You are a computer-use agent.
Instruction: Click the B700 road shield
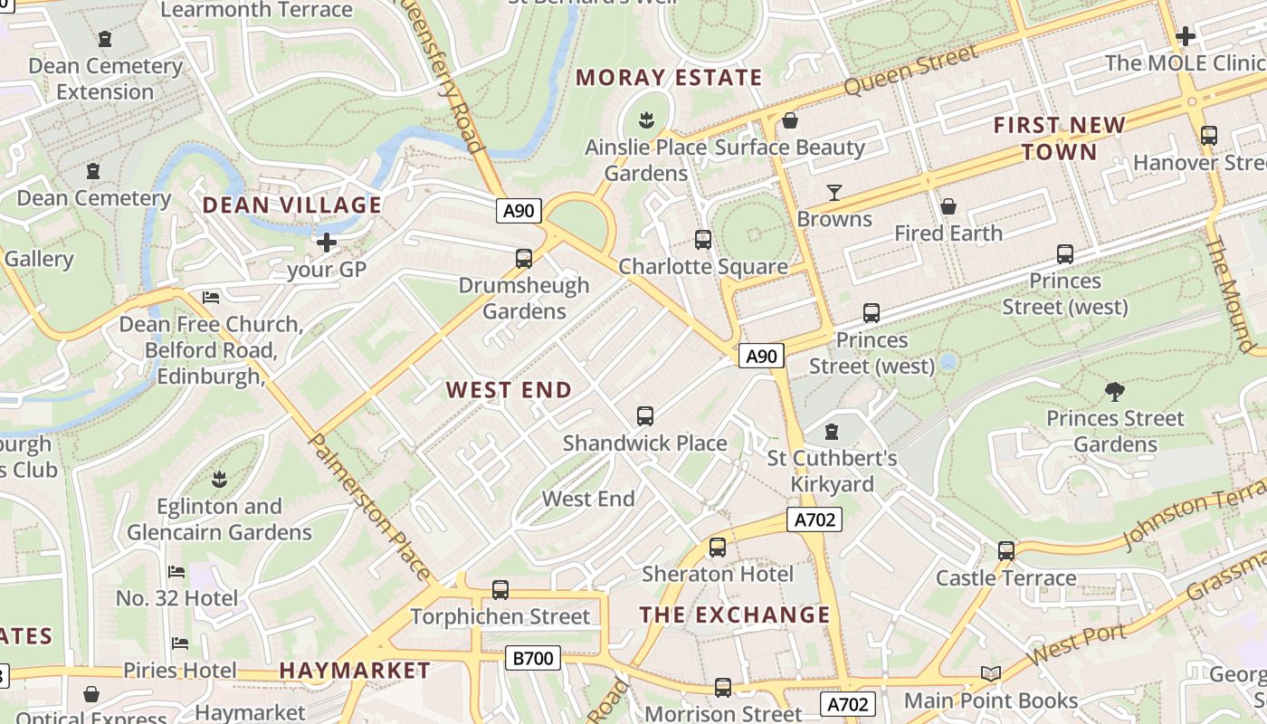[533, 658]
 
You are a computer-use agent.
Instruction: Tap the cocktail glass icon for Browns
[834, 192]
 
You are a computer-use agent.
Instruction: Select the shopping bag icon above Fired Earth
[948, 207]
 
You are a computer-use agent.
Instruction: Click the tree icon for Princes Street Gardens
[1115, 392]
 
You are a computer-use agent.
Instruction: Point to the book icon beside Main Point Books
[991, 674]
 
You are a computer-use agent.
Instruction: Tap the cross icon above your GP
[326, 243]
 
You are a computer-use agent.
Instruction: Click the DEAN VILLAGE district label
[291, 205]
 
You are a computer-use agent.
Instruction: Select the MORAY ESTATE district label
[669, 78]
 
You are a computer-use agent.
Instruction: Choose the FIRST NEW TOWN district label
[1060, 138]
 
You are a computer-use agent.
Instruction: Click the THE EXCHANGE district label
[734, 615]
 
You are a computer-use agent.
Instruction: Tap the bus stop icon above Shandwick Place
[645, 416]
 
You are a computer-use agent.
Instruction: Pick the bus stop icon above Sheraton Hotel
[718, 548]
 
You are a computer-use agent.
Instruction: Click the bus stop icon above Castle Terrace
[1006, 551]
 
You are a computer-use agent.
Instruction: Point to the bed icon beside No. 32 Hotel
[176, 572]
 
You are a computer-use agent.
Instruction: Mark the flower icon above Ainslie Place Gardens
[646, 119]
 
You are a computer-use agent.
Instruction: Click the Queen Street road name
[911, 71]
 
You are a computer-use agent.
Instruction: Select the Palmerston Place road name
[371, 507]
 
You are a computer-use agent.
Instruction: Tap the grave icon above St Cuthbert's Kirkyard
[833, 432]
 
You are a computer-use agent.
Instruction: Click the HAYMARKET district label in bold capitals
[355, 671]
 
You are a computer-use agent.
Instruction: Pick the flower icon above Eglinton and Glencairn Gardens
[219, 479]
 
